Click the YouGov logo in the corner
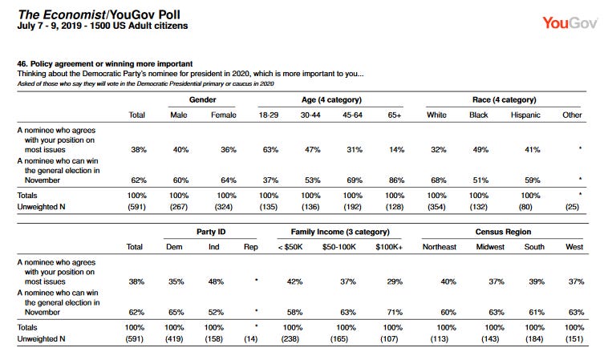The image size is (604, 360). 570,23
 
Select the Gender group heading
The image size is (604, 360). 202,99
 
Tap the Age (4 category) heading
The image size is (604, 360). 331,99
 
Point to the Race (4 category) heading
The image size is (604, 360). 504,99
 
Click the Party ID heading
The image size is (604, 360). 211,232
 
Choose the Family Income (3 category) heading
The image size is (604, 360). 340,232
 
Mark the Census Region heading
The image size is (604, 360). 503,232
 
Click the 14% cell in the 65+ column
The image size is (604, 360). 396,149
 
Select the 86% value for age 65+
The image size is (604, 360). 396,180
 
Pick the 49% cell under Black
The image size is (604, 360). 480,149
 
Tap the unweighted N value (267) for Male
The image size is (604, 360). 179,207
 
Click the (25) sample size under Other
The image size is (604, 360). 572,207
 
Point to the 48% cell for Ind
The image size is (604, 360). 216,281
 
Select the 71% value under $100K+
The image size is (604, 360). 395,312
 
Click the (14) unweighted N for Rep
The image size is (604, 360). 250,339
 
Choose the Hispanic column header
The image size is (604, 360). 525,115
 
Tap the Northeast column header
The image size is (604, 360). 439,247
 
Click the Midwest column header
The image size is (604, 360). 490,247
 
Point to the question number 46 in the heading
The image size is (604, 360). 22,64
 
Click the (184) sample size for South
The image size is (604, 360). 534,339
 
